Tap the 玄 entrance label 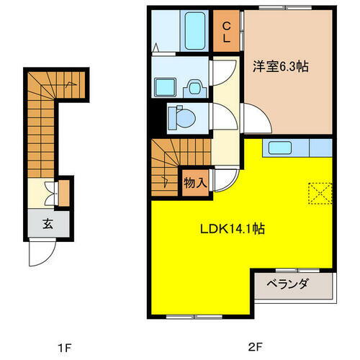pos(46,223)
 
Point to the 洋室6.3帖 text pos(279,66)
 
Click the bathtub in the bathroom pos(196,31)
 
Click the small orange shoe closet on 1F pos(63,192)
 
